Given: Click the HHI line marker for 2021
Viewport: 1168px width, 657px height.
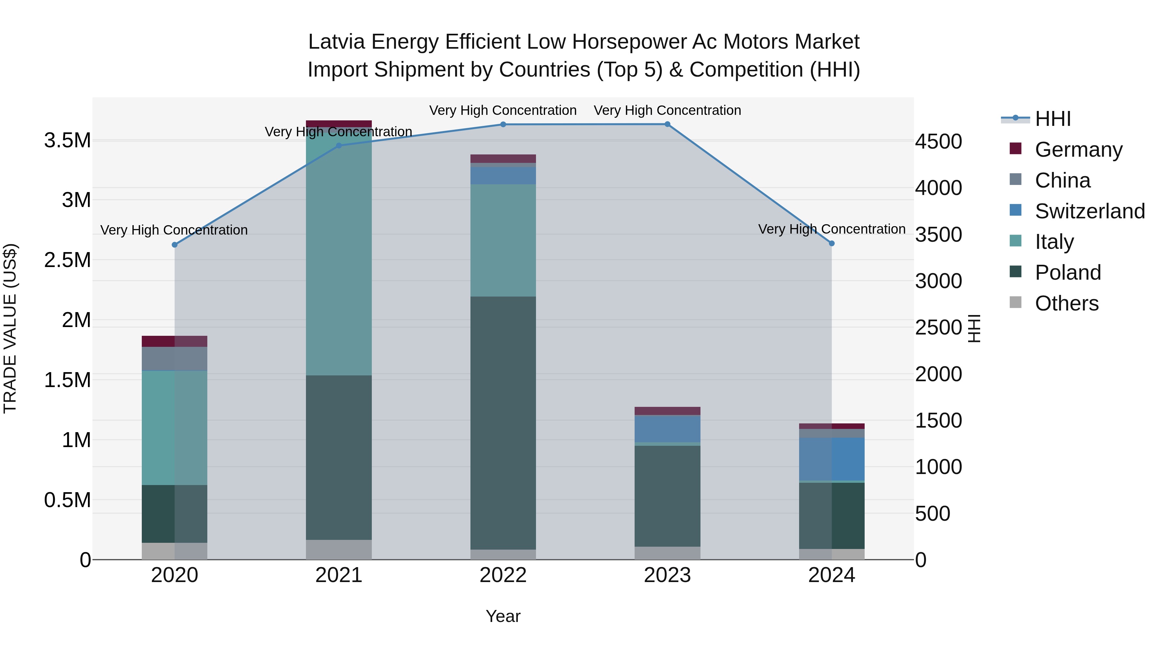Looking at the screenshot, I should pyautogui.click(x=339, y=146).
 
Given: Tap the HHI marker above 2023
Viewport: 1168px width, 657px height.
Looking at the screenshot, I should pyautogui.click(x=667, y=124).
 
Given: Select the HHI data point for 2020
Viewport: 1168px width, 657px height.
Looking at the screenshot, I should pyautogui.click(x=175, y=245).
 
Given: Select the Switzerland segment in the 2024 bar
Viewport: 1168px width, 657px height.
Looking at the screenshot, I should pyautogui.click(x=832, y=458).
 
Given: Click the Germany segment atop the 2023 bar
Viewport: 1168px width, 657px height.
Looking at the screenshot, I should pyautogui.click(x=667, y=411).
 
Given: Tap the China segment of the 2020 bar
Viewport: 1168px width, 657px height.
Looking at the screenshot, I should pyautogui.click(x=175, y=358).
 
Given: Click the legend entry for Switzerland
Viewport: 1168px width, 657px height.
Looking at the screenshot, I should pyautogui.click(x=1089, y=211).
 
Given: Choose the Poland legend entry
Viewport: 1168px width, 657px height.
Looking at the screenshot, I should pyautogui.click(x=1067, y=273).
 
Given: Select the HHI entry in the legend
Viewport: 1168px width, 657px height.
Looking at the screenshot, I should pyautogui.click(x=1053, y=119).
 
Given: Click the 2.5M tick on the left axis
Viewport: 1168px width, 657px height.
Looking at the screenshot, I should pyautogui.click(x=67, y=260).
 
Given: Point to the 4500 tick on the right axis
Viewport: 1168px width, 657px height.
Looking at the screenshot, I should pyautogui.click(x=938, y=142).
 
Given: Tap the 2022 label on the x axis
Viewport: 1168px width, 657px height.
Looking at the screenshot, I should pyautogui.click(x=503, y=575).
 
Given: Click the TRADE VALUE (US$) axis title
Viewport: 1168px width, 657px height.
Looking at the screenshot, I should pyautogui.click(x=10, y=328).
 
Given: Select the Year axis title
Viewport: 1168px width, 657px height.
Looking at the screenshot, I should pyautogui.click(x=503, y=616).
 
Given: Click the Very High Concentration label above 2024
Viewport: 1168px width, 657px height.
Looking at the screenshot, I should pyautogui.click(x=832, y=229).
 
